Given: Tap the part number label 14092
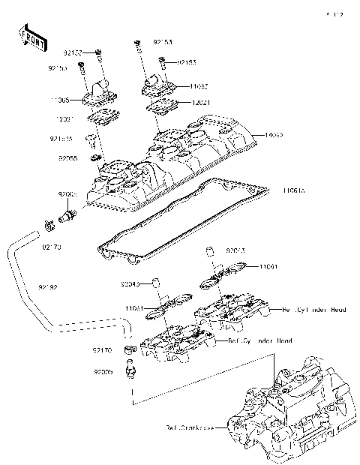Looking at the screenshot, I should coord(272,136).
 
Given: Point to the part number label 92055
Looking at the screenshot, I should coord(68,158).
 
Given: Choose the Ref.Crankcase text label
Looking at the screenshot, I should coord(187,428).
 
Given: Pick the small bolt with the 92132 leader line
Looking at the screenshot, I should coord(99,52).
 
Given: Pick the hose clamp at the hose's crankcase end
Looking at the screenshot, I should coord(129,350).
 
